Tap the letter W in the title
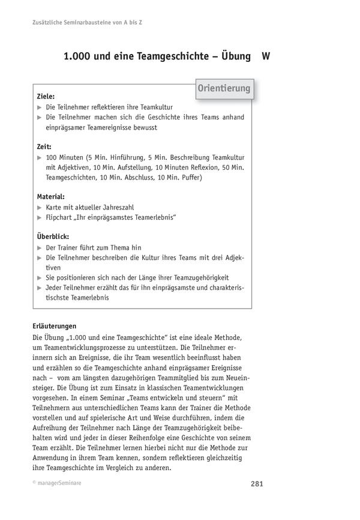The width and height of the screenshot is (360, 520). pyautogui.click(x=265, y=56)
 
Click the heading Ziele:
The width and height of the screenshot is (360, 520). pyautogui.click(x=46, y=95)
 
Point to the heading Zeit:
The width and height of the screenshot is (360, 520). pyautogui.click(x=44, y=146)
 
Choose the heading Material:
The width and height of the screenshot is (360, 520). pyautogui.click(x=51, y=196)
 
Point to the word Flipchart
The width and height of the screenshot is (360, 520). pyautogui.click(x=61, y=217)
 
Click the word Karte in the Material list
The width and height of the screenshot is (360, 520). pyautogui.click(x=55, y=207)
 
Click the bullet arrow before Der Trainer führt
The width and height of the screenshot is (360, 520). pyautogui.click(x=39, y=247)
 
